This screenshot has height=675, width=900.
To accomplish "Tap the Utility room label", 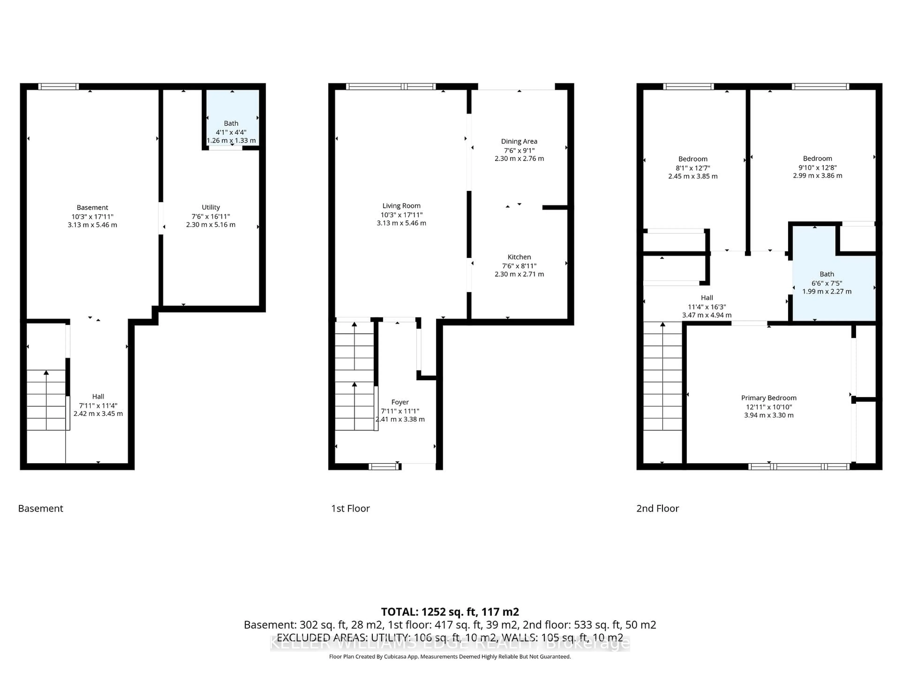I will coord(210,207).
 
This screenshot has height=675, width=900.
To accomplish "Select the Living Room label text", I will coord(401,206).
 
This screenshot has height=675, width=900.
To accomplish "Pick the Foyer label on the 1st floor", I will coord(400,402).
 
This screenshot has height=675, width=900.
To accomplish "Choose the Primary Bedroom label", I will coord(768,398).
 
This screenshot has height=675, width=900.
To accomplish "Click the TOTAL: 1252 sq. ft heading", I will coord(450,612).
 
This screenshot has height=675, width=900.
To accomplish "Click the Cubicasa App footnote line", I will coord(450,657).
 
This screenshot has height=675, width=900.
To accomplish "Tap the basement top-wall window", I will coord(59,86).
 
